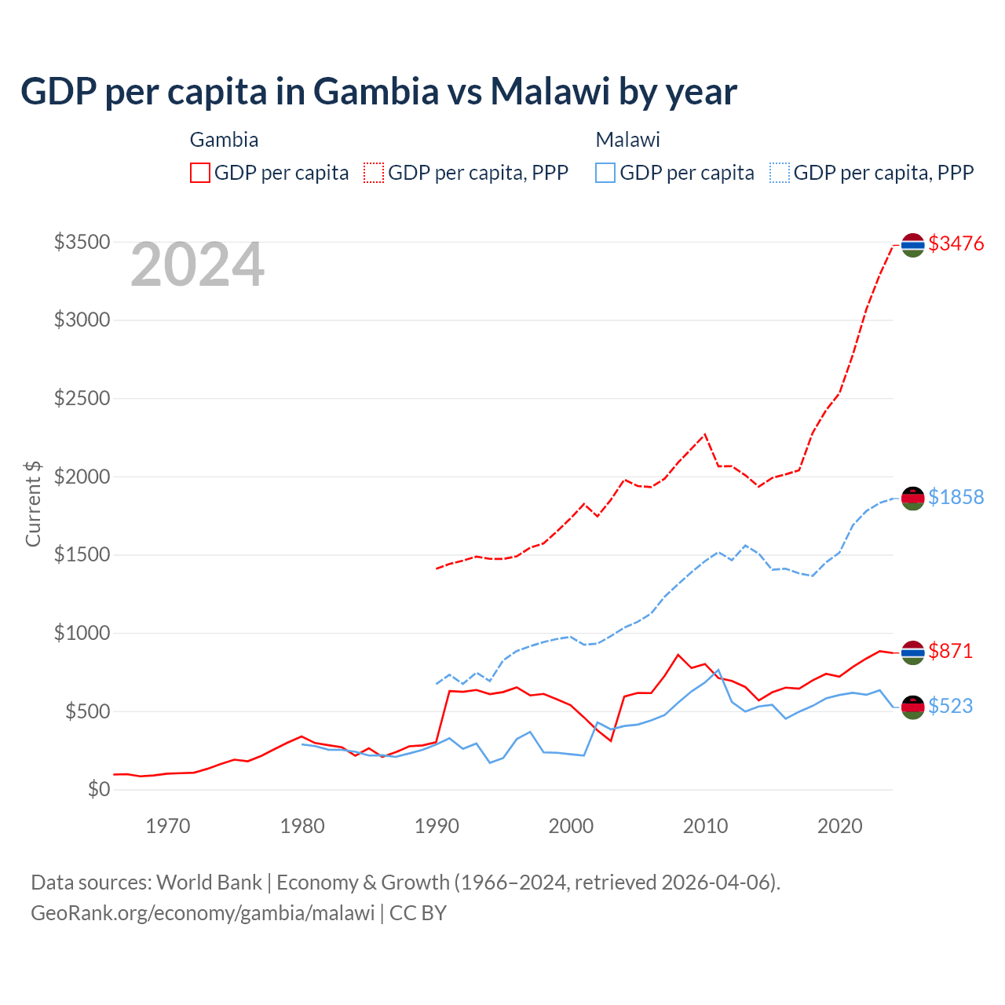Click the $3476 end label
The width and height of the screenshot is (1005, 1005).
956,243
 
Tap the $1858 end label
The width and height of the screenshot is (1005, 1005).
956,497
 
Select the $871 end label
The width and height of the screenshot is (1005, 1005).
950,651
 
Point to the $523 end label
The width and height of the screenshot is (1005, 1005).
950,706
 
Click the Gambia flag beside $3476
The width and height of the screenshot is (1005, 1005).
912,245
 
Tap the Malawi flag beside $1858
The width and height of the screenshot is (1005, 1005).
912,499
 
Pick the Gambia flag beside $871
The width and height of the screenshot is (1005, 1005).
912,652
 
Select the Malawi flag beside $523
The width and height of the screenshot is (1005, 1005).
912,707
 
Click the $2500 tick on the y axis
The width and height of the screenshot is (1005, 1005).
82,398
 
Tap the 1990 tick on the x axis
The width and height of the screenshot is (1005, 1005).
437,826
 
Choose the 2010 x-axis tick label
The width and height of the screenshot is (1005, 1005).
705,826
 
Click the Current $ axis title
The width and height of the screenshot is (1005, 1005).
33,503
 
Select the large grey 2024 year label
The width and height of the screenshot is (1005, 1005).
197,265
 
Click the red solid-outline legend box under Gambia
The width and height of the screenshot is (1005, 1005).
200,173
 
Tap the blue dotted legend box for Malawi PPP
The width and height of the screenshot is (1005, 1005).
780,173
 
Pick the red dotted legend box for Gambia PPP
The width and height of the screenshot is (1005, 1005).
375,173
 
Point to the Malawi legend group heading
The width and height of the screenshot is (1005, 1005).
627,140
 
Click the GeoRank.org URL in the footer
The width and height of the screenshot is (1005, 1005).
203,913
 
